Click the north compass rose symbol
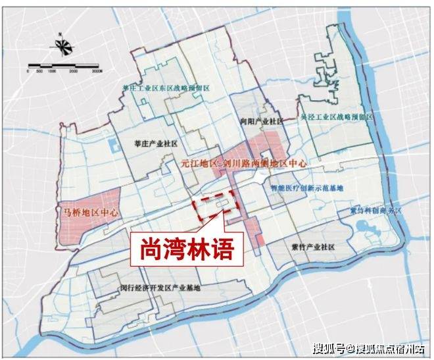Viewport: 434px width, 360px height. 64,47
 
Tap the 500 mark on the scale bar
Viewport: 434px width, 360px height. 39,70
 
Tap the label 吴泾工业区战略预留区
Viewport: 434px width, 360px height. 336,116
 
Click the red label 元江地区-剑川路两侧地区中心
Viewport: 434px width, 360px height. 243,161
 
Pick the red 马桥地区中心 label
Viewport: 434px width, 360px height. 86,213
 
